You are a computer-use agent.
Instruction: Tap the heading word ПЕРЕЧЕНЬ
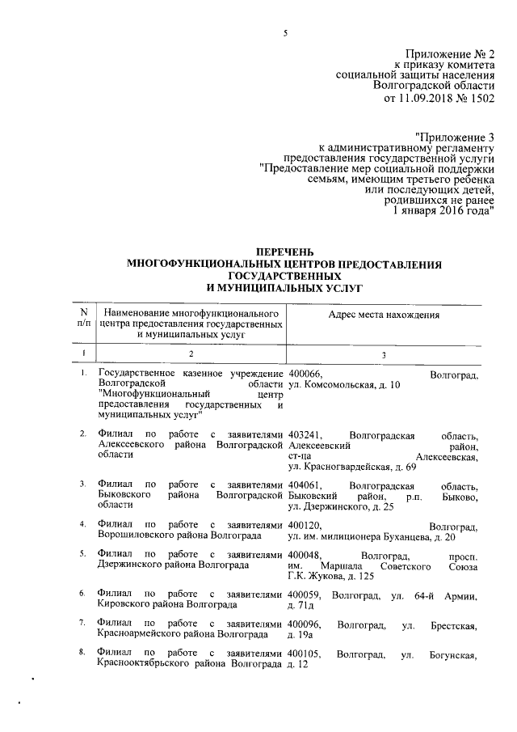coord(285,253)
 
